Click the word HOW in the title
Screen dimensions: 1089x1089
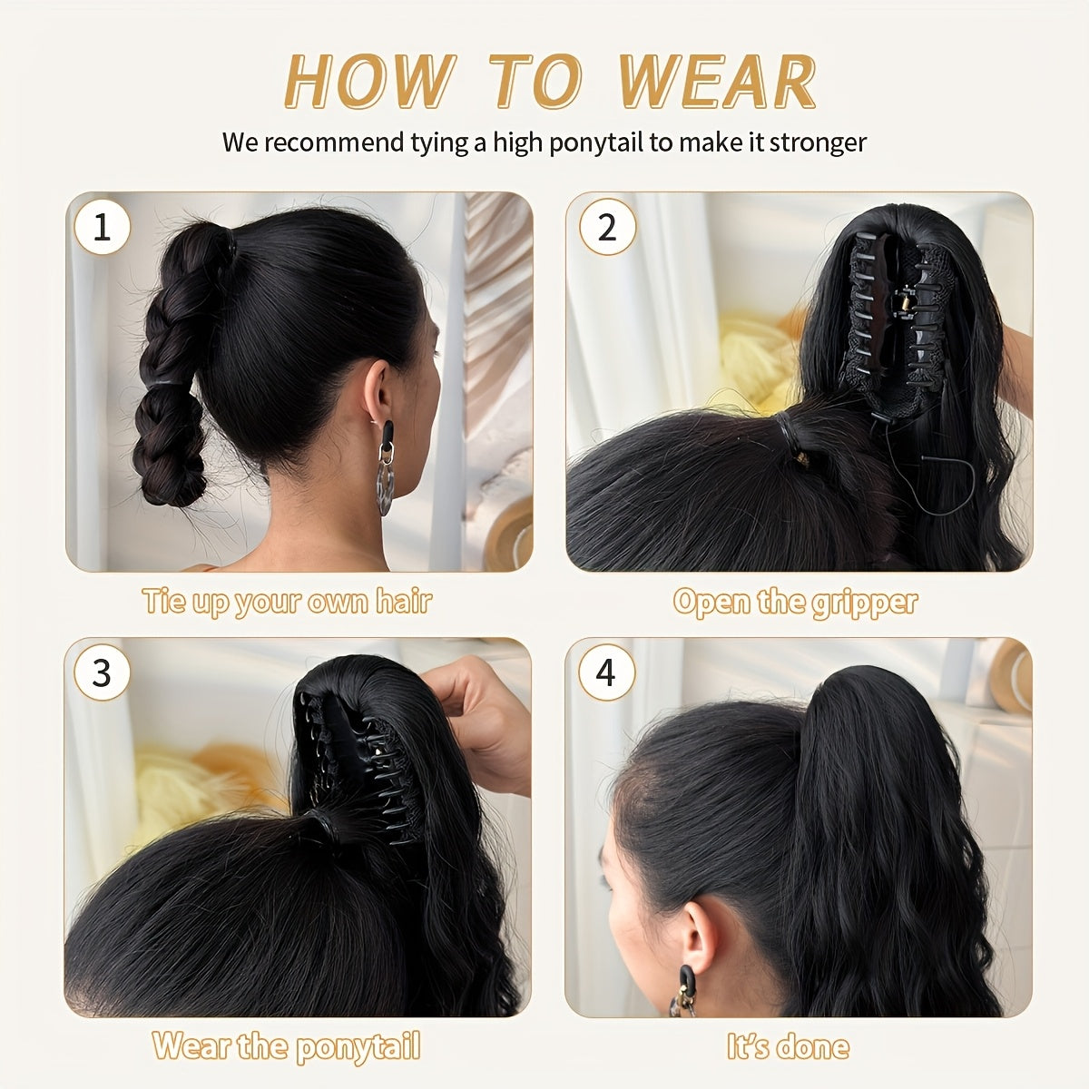pyautogui.click(x=368, y=83)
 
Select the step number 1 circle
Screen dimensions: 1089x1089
pyautogui.click(x=102, y=227)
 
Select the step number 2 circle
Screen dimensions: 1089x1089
pyautogui.click(x=606, y=227)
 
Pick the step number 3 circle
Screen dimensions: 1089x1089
pyautogui.click(x=102, y=673)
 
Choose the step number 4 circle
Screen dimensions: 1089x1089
pyautogui.click(x=606, y=673)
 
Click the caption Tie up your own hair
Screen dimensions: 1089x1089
pyautogui.click(x=287, y=602)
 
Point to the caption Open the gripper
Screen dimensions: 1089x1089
pyautogui.click(x=795, y=602)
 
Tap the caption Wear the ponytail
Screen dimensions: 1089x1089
pyautogui.click(x=287, y=1046)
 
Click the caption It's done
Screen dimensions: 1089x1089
pyautogui.click(x=788, y=1046)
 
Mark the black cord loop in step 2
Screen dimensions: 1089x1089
pyautogui.click(x=939, y=476)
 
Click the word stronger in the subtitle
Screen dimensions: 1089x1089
pyautogui.click(x=818, y=142)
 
